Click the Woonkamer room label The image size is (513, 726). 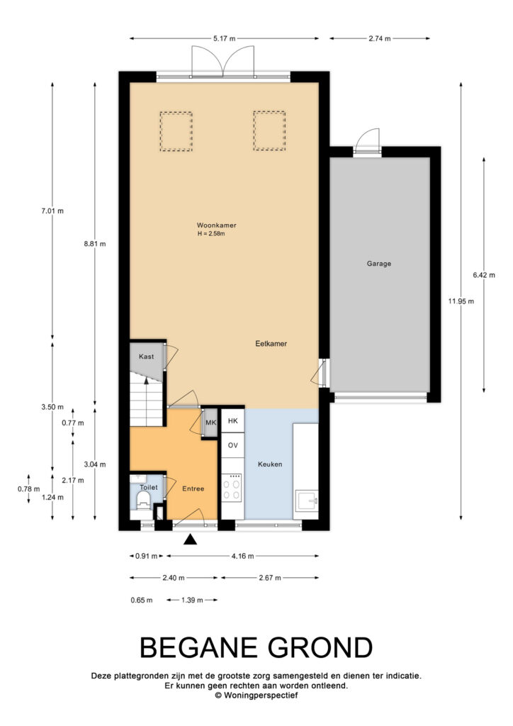217,225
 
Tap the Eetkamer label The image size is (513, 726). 271,344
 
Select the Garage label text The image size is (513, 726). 379,264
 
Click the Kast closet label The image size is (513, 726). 146,357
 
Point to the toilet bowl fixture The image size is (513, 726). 144,500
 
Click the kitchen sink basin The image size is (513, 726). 307,501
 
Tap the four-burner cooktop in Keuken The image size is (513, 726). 232,488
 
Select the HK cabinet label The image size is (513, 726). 232,421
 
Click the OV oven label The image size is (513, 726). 232,445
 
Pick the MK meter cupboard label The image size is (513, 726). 211,423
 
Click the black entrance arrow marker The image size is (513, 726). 190,540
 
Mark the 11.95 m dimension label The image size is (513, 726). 461,301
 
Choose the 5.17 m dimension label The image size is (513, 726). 225,38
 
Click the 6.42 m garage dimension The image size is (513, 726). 484,274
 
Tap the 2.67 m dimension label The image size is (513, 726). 270,577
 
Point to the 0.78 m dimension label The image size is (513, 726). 28,489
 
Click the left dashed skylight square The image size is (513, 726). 176,131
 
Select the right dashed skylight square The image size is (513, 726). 269,130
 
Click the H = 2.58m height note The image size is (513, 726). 211,234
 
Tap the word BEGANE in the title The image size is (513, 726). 198,647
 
